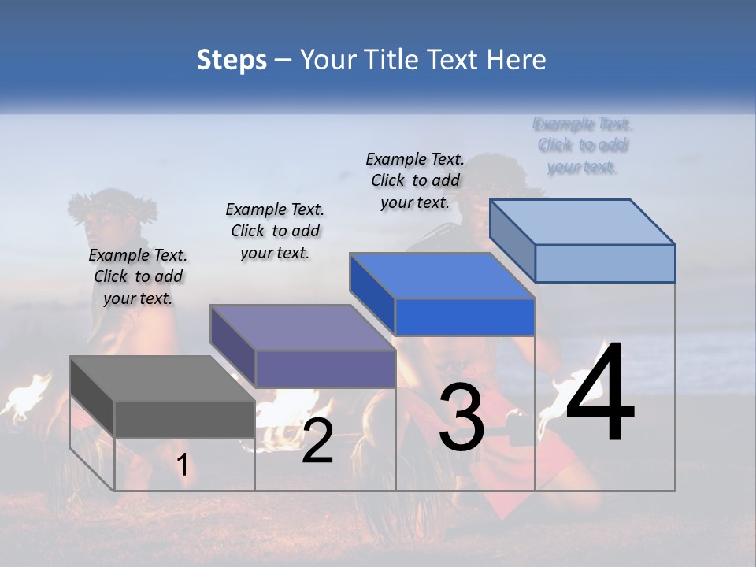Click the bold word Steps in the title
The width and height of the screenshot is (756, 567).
232,60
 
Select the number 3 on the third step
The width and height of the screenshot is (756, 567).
461,417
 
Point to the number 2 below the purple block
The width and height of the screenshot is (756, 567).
317,441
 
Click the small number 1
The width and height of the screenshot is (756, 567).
182,465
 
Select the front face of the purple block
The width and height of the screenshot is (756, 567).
325,369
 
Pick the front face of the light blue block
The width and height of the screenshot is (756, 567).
605,263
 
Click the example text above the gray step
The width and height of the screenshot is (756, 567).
138,276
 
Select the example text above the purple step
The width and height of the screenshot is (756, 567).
275,231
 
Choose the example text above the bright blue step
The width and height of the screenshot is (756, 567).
415,180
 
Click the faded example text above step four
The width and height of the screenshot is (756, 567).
583,145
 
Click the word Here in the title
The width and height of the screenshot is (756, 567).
517,60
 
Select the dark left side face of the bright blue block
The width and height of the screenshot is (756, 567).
372,293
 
